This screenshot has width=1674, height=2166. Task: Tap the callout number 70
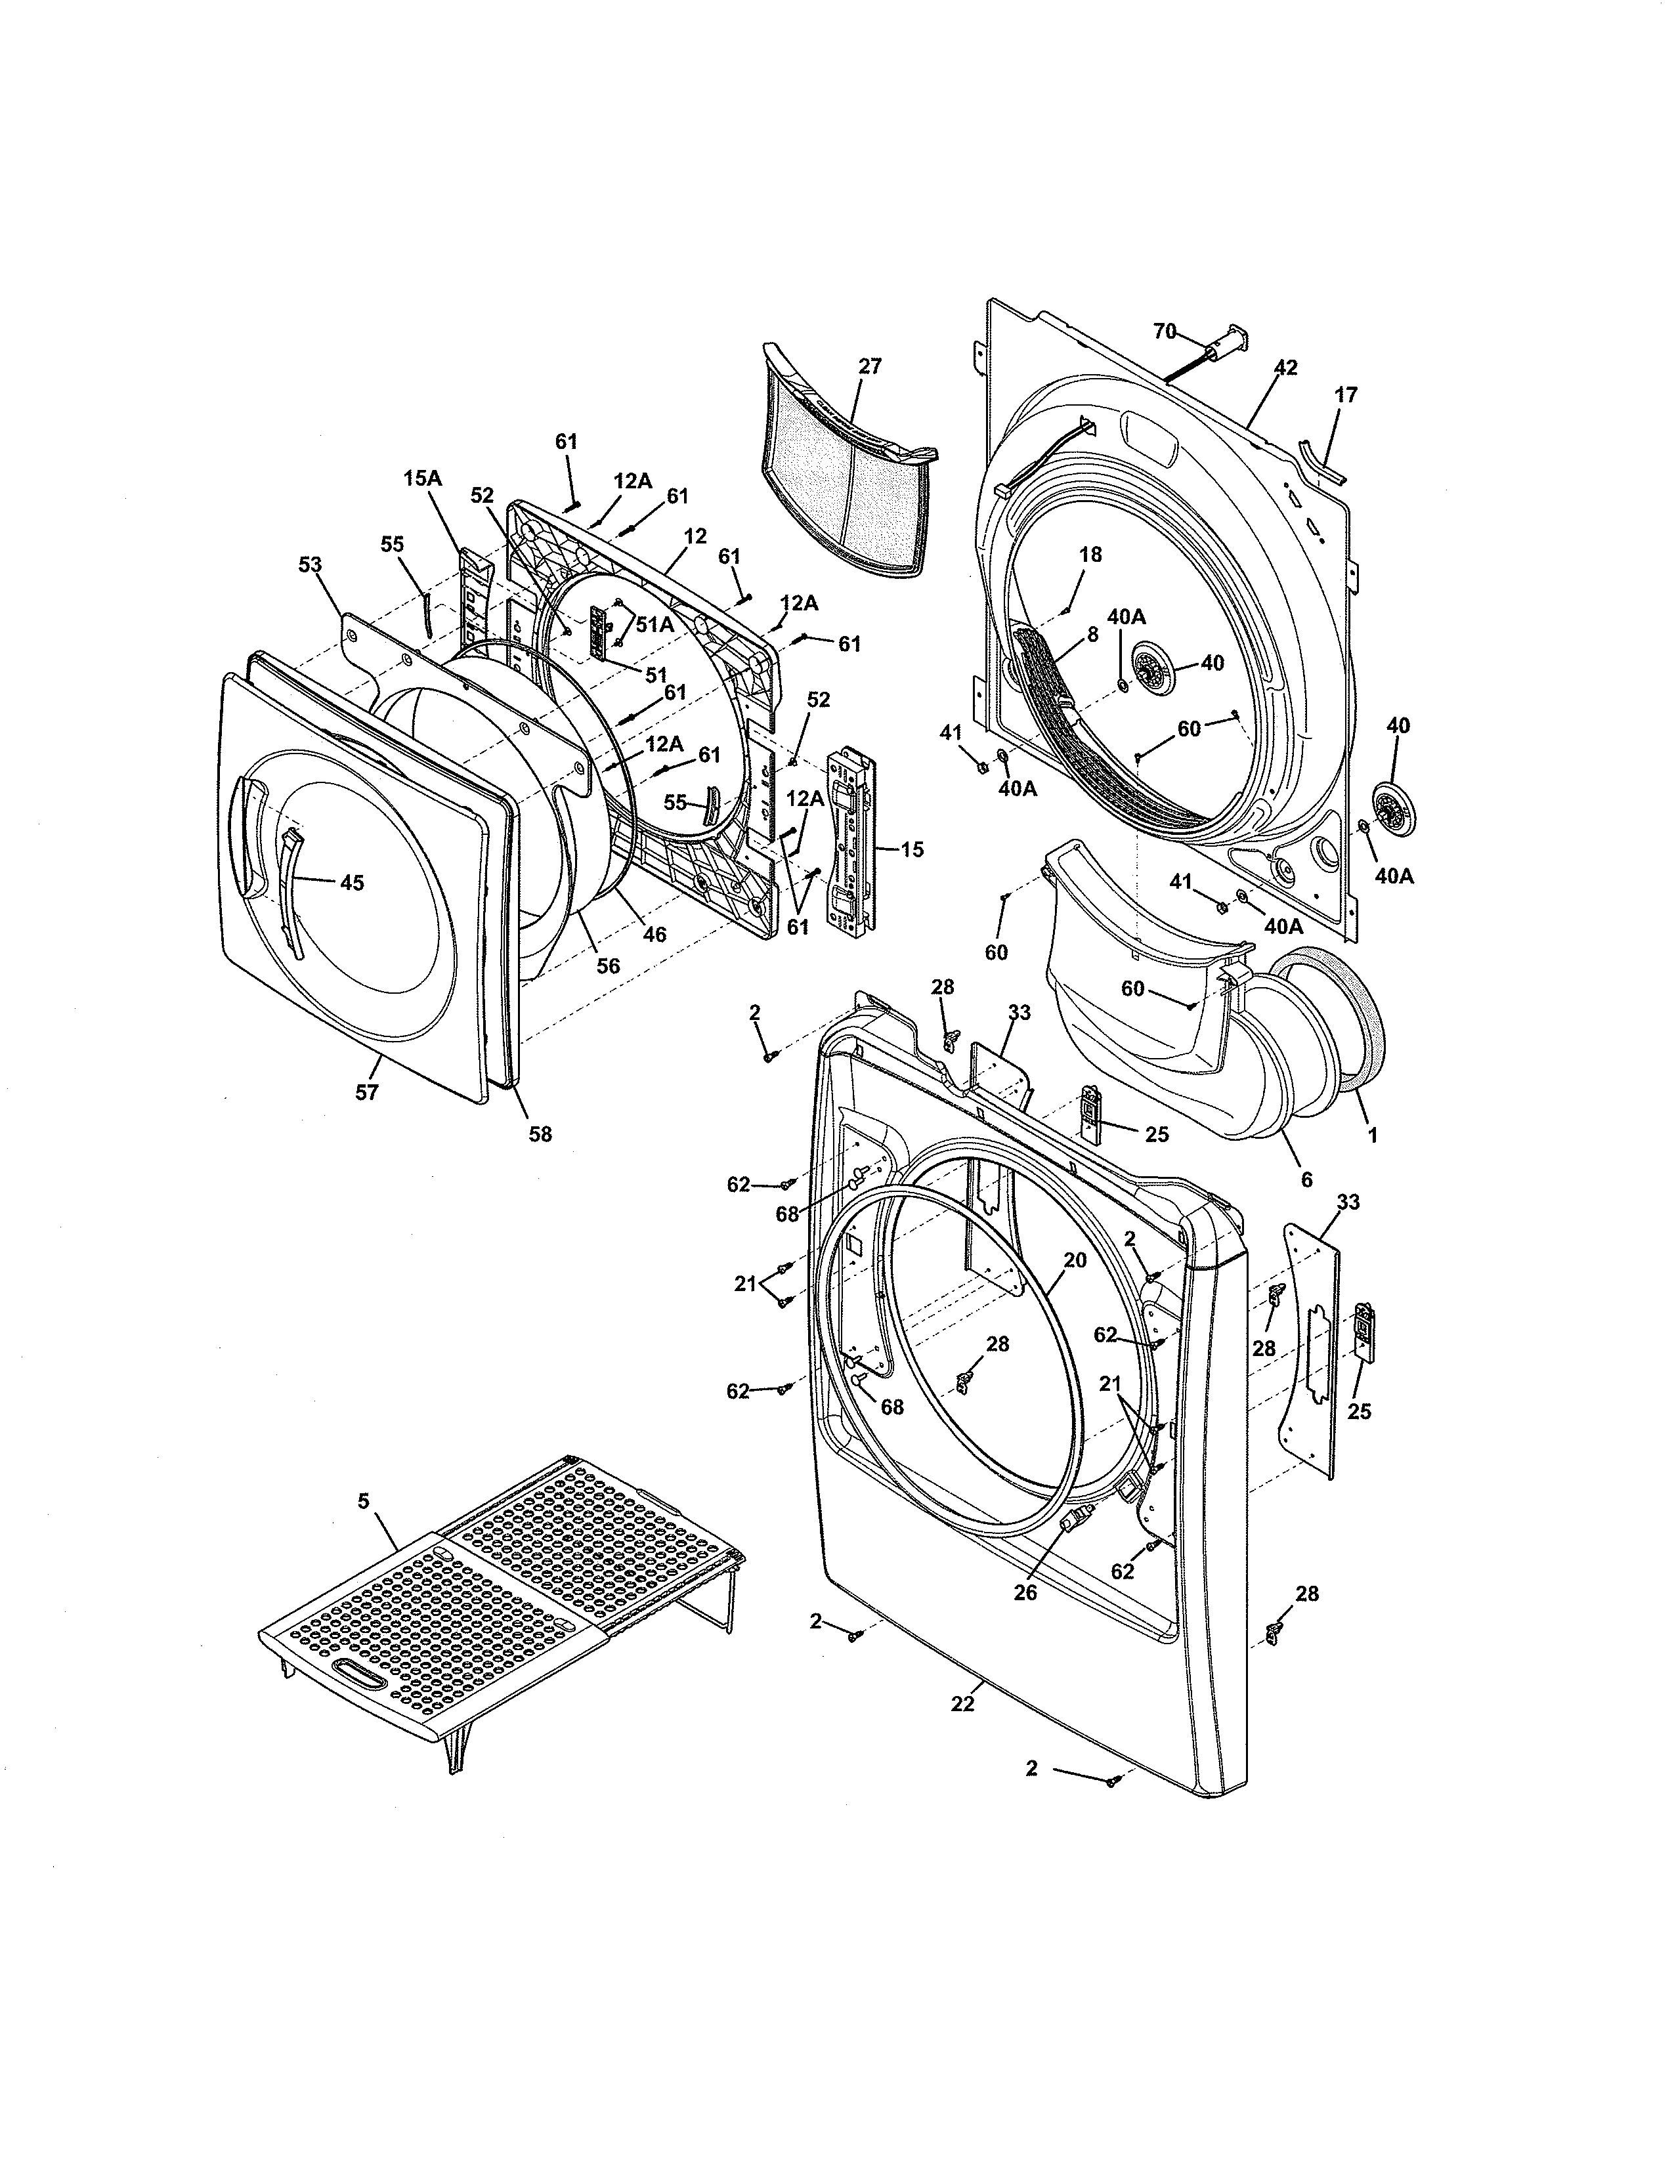[1165, 331]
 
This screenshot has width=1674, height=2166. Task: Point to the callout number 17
[1346, 394]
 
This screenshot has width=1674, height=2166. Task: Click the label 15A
[423, 478]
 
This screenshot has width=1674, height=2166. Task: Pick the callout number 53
[311, 564]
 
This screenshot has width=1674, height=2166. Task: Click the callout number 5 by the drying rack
[363, 1502]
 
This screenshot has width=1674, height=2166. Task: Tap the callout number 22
[962, 1704]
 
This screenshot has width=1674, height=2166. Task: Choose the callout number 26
[1025, 1593]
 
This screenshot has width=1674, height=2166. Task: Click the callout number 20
[1075, 1260]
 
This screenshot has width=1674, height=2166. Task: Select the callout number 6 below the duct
[1306, 1180]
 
